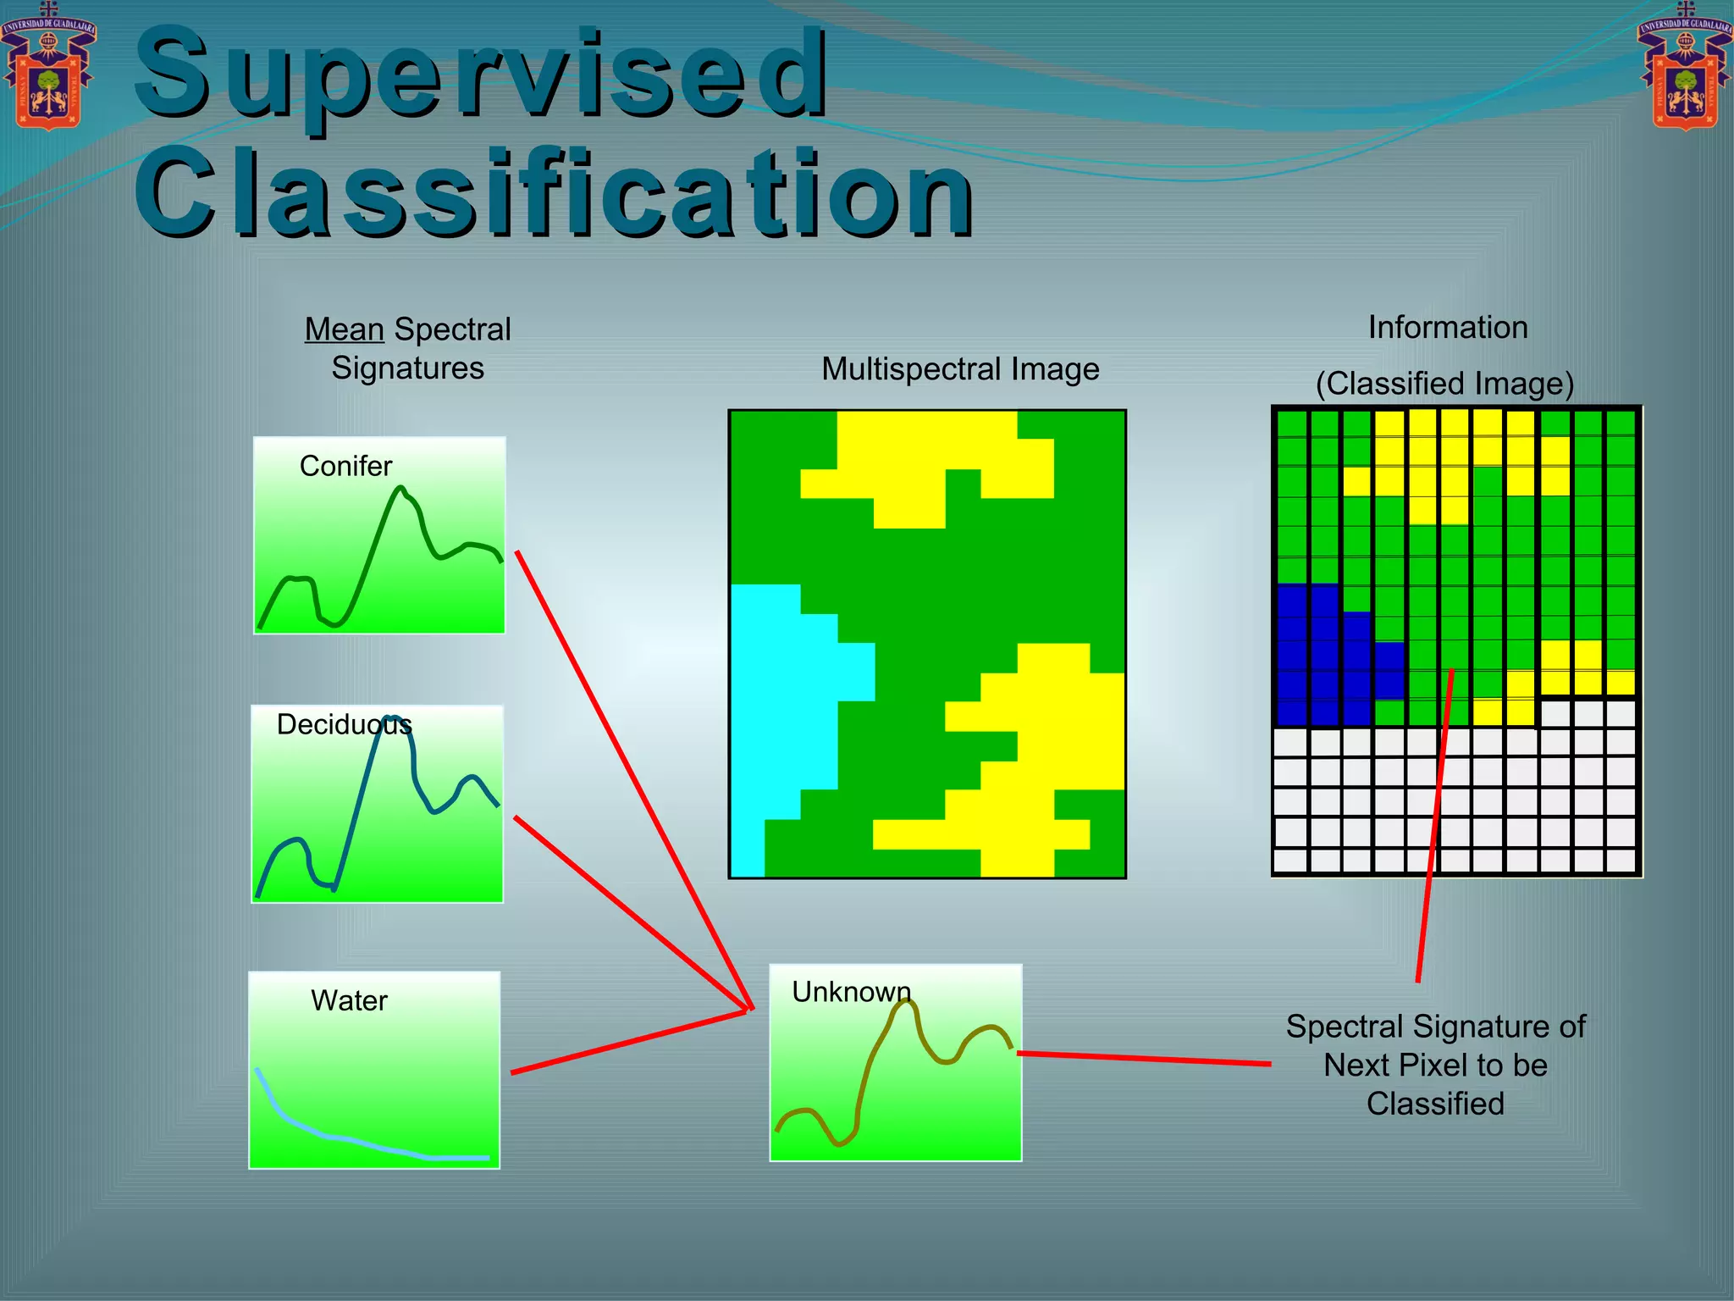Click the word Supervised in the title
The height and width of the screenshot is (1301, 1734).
[x=481, y=75]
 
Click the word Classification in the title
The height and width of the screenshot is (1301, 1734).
[x=554, y=193]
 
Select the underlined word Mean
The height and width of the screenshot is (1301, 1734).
[x=344, y=329]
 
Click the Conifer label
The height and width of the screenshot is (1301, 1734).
[x=345, y=466]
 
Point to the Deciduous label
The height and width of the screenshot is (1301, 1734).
[x=344, y=724]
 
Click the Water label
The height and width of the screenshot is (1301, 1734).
[x=349, y=1000]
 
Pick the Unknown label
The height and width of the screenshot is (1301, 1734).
[x=851, y=992]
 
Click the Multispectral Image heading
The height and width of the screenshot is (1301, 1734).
[x=960, y=369]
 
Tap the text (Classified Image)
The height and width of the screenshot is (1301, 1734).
[x=1444, y=384]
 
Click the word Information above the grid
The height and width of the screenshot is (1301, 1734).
[x=1448, y=328]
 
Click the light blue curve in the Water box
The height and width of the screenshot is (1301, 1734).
[x=339, y=1138]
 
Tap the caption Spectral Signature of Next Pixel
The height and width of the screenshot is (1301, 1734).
[x=1435, y=1065]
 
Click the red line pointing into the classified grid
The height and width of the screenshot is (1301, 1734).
[x=1434, y=830]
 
